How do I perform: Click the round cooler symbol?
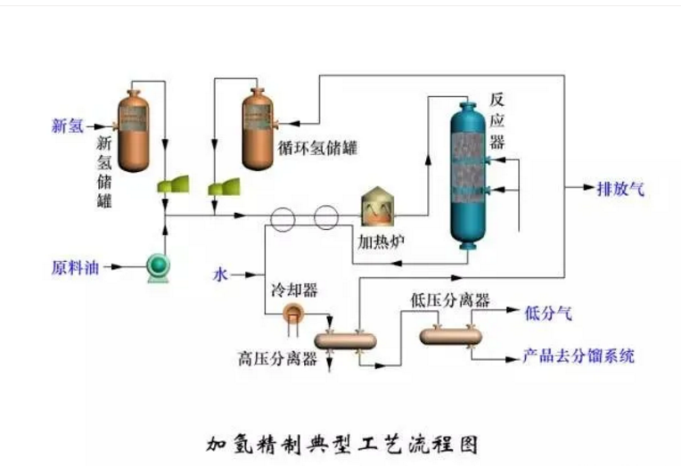point(291,311)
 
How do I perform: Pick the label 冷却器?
point(294,290)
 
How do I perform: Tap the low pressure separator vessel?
point(450,335)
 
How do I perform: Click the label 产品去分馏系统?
point(578,356)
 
